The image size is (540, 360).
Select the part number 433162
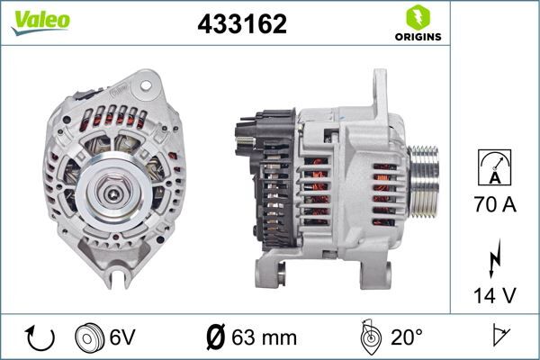[241, 25]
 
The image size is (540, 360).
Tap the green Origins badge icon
[417, 17]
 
